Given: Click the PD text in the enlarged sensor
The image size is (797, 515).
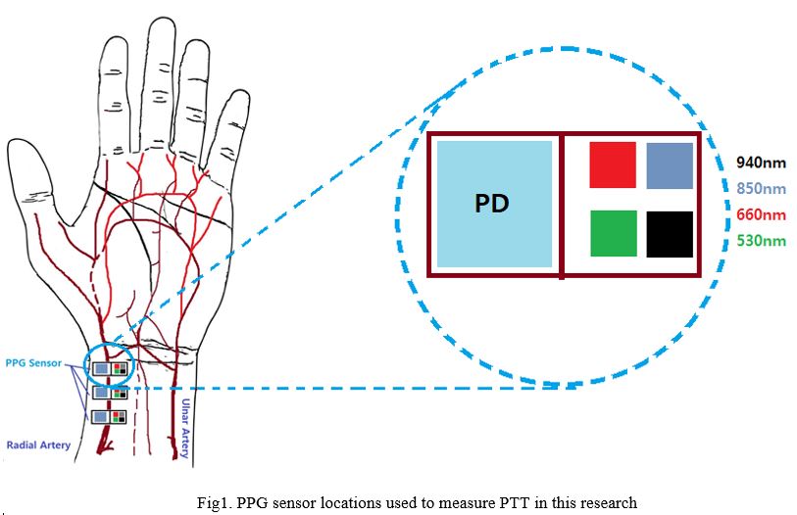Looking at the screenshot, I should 492,205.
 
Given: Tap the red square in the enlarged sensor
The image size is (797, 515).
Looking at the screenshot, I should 612,164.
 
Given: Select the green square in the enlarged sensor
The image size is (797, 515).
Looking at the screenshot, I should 613,233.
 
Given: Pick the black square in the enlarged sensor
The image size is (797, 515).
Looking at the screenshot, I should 670,233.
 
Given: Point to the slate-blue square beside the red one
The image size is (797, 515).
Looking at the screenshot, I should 670,164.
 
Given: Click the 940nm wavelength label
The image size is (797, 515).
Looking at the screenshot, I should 761,164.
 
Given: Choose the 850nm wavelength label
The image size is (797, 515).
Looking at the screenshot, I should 761,188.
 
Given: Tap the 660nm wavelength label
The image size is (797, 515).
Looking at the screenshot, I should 761,214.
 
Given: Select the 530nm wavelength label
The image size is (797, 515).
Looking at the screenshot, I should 761,240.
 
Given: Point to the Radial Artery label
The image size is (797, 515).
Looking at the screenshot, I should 38,445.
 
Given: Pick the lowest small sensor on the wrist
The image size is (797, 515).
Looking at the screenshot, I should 110,417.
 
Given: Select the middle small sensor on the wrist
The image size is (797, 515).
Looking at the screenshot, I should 110,393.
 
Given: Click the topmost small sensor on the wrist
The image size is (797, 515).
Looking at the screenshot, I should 110,369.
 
